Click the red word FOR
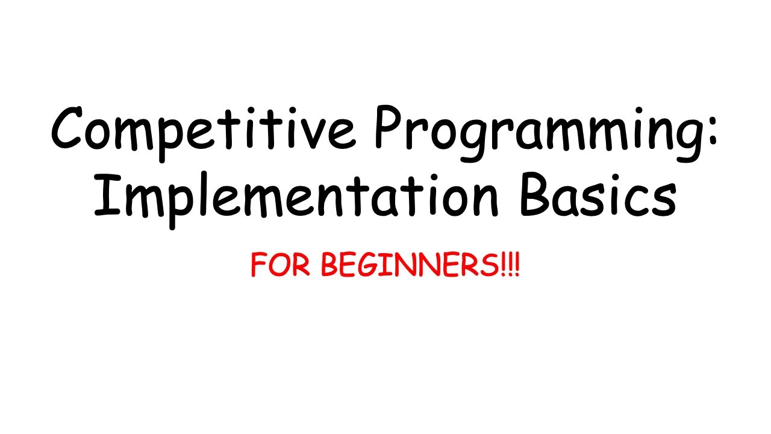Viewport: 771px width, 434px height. tap(280, 266)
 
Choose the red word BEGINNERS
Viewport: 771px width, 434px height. tap(410, 266)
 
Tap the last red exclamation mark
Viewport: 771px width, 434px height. tap(516, 266)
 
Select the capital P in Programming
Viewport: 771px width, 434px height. tap(390, 128)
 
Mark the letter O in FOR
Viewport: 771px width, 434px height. tap(280, 266)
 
